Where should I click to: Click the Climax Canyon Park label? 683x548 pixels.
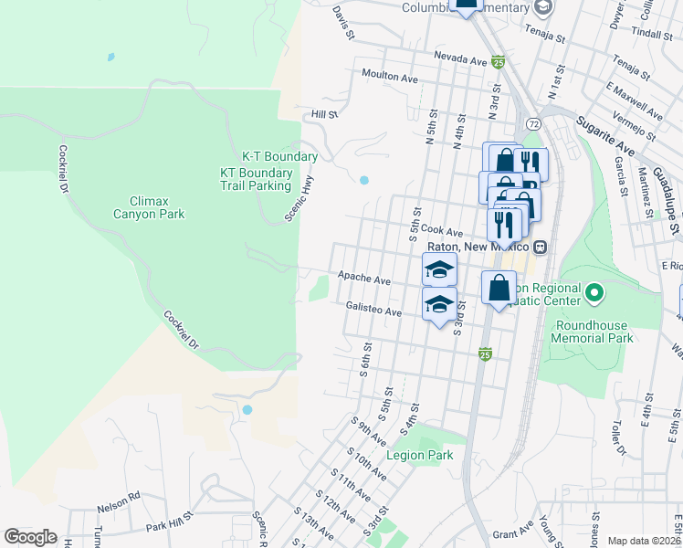point(157,207)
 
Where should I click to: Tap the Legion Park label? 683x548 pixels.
point(419,455)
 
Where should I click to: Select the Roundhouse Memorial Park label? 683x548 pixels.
point(593,330)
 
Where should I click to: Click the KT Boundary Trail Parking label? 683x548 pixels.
point(256,179)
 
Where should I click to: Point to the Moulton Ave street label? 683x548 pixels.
point(390,78)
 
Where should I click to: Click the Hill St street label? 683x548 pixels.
point(324,114)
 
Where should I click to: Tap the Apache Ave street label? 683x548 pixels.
point(363,277)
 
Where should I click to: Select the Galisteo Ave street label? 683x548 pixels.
point(374,310)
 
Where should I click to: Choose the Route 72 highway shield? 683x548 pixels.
point(533,122)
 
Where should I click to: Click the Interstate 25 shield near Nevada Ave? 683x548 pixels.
point(498,62)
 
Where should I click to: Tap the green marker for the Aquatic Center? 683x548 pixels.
point(594,293)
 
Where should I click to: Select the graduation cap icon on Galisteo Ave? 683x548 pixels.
point(439,303)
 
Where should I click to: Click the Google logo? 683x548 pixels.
point(30,537)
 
